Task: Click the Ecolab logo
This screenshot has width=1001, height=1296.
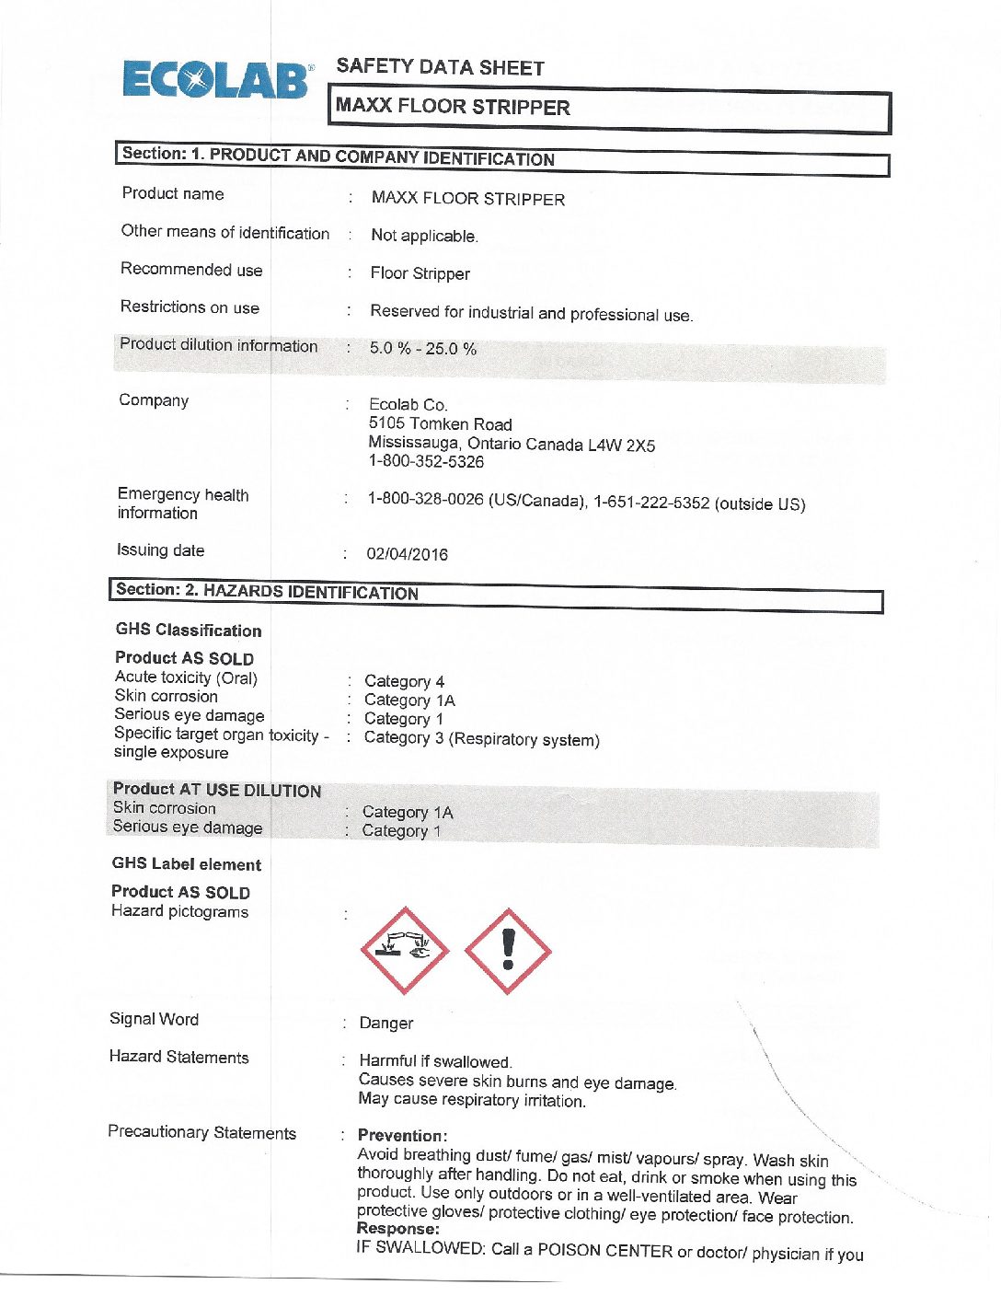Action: pyautogui.click(x=216, y=80)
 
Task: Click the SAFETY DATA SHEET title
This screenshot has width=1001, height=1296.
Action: pyautogui.click(x=440, y=67)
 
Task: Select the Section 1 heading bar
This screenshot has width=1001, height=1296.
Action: pyautogui.click(x=501, y=157)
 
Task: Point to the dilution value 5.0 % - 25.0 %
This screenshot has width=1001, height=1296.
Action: pyautogui.click(x=423, y=349)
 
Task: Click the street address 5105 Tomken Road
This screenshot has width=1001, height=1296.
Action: pyautogui.click(x=440, y=424)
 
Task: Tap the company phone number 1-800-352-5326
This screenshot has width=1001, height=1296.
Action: pyautogui.click(x=426, y=462)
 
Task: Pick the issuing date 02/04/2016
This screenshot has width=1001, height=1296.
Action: pyautogui.click(x=407, y=554)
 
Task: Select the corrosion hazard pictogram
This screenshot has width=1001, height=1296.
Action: pyautogui.click(x=404, y=951)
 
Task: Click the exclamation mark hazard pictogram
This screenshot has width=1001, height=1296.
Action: pyautogui.click(x=508, y=951)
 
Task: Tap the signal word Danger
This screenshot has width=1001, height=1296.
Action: pyautogui.click(x=386, y=1024)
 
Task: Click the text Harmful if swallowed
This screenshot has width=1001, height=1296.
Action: pyautogui.click(x=435, y=1061)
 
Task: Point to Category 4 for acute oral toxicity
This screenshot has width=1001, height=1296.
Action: pyautogui.click(x=404, y=681)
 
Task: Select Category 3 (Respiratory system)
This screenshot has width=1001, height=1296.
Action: pyautogui.click(x=481, y=739)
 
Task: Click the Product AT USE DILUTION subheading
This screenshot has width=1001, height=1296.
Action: pyautogui.click(x=217, y=790)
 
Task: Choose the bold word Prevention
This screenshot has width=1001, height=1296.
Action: pyautogui.click(x=402, y=1136)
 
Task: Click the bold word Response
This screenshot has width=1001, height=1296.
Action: pyautogui.click(x=397, y=1229)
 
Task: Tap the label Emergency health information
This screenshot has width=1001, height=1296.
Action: pyautogui.click(x=182, y=503)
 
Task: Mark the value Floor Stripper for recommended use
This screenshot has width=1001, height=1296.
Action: pyautogui.click(x=420, y=273)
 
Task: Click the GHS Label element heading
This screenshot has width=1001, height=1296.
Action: pyautogui.click(x=187, y=864)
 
